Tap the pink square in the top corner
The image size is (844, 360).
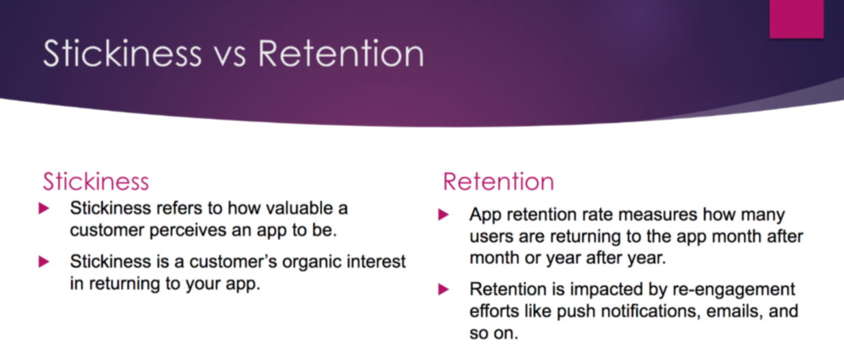(797, 19)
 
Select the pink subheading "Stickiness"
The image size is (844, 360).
(96, 182)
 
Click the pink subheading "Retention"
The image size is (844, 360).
(498, 182)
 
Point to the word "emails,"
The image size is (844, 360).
(735, 311)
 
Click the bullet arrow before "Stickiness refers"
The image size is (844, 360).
(44, 208)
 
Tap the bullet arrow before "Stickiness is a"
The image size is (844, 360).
(44, 262)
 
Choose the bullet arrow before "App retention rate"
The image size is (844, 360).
(444, 214)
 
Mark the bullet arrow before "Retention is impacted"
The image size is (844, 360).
(444, 289)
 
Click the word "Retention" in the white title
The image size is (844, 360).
(341, 54)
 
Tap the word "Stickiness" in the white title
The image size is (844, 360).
(122, 53)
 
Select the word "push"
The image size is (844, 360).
(576, 312)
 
